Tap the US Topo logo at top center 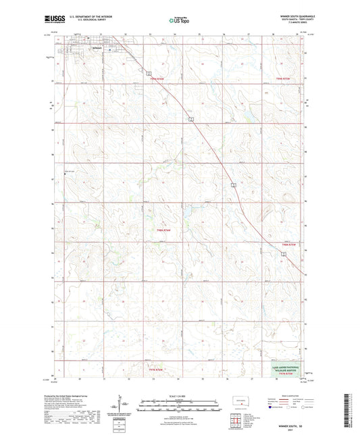point(179,21)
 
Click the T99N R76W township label point(157,80)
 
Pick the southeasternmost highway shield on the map point(284,253)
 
